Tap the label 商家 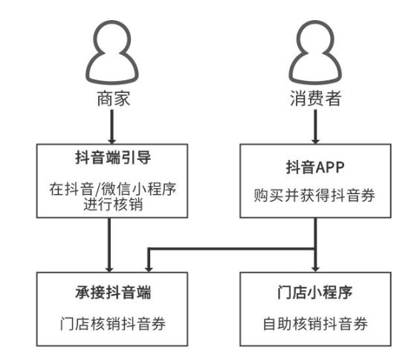click(x=114, y=99)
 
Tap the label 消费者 click(x=315, y=98)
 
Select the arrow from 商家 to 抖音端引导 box click(x=112, y=127)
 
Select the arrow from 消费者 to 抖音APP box click(x=315, y=127)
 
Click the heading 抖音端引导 click(x=113, y=158)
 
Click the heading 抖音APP click(x=315, y=167)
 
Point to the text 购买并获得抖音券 click(x=314, y=196)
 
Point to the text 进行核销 click(x=113, y=205)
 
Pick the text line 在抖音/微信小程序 click(x=113, y=189)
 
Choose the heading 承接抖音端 click(x=113, y=292)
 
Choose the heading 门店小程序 click(x=315, y=292)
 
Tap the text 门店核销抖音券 click(x=113, y=324)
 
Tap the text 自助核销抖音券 click(x=315, y=324)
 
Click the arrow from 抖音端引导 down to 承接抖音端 click(x=109, y=245)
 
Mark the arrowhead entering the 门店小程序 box click(x=315, y=269)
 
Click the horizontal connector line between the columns click(x=232, y=248)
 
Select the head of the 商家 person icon click(x=113, y=37)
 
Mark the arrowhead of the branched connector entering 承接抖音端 click(x=149, y=269)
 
